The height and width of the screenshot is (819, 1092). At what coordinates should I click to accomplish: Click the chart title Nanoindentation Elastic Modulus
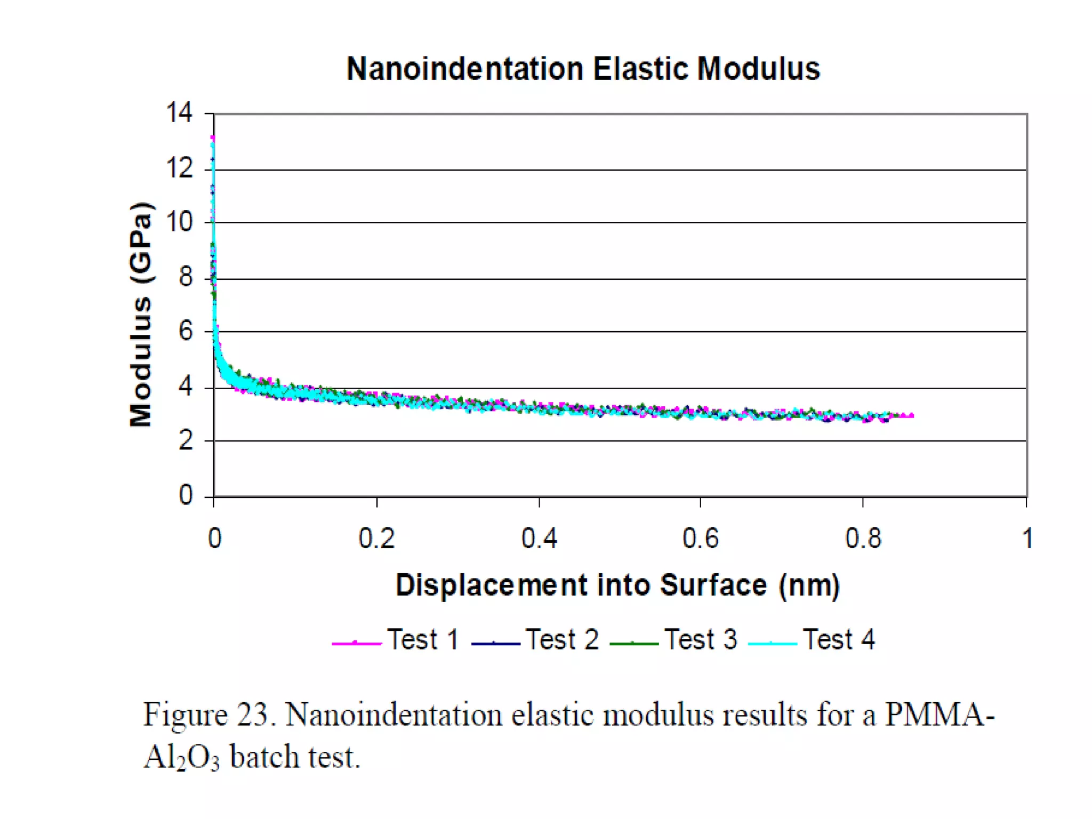[583, 69]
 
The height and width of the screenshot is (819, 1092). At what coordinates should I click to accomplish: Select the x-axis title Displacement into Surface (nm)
[617, 585]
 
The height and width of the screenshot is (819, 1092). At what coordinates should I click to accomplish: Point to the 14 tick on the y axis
[179, 113]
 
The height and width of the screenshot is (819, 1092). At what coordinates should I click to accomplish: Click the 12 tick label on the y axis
[179, 169]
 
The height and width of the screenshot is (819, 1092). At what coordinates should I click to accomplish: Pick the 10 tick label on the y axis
[179, 221]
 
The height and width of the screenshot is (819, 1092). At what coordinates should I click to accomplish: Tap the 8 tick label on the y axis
[185, 277]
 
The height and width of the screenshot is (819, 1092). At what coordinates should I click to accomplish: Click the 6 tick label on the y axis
[185, 331]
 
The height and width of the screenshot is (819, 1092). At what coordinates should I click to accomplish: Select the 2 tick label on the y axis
[185, 441]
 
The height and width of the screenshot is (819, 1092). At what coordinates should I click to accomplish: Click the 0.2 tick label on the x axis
[376, 539]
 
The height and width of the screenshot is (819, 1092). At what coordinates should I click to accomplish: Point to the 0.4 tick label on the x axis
[539, 539]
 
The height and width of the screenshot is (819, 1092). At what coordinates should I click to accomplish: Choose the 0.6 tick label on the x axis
[701, 539]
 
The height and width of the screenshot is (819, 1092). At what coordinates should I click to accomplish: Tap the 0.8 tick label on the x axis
[863, 539]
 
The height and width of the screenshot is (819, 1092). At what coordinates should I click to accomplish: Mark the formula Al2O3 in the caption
[181, 757]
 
